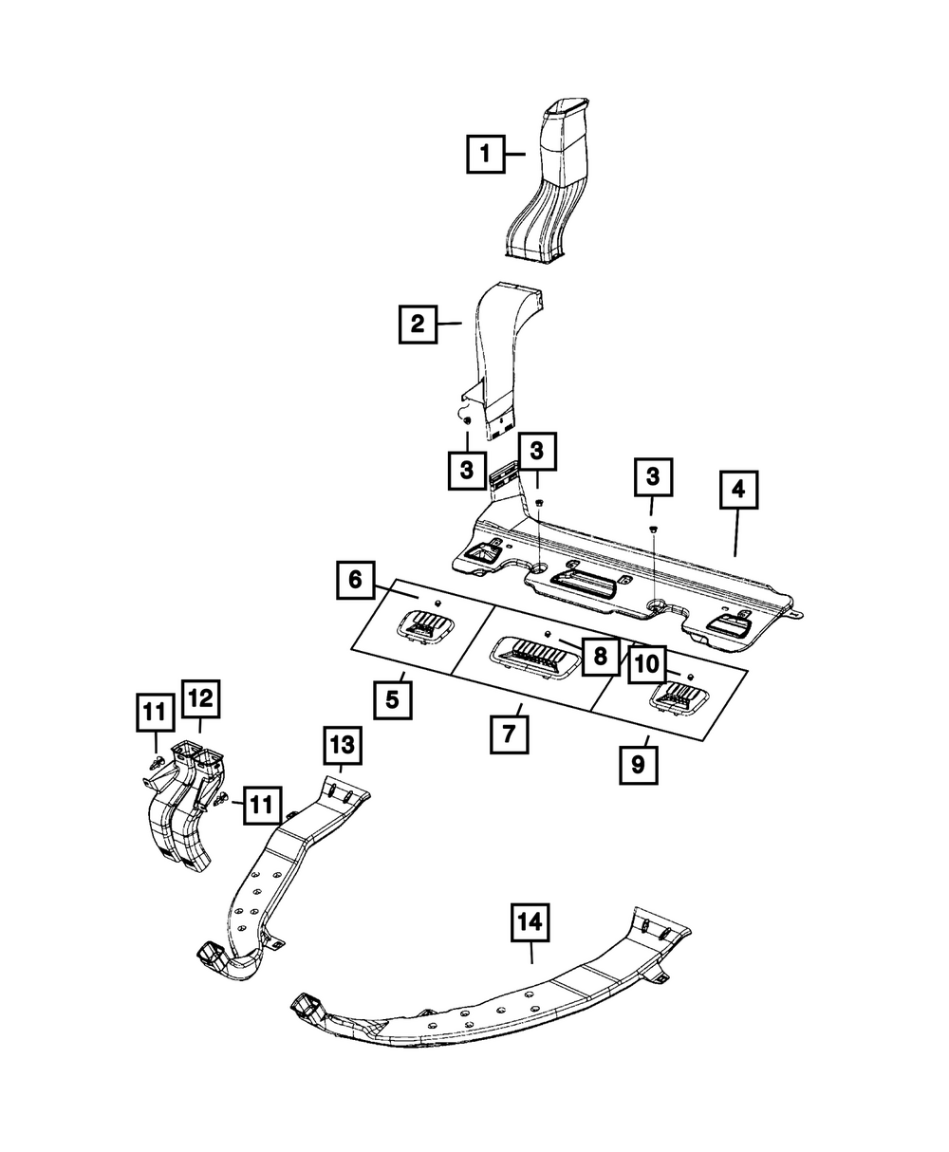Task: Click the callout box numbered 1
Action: pyautogui.click(x=486, y=154)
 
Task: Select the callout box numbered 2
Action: pyautogui.click(x=419, y=325)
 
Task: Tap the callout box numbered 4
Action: pyautogui.click(x=738, y=490)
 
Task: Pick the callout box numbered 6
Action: pyautogui.click(x=356, y=581)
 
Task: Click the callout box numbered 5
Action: pyautogui.click(x=393, y=700)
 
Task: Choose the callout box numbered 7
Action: pyautogui.click(x=510, y=734)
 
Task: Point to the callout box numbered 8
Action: pyautogui.click(x=600, y=657)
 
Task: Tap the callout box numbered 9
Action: pyautogui.click(x=639, y=765)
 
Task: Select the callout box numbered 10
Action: pyautogui.click(x=647, y=665)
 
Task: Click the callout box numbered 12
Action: pyautogui.click(x=201, y=699)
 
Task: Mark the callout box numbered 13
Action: pyautogui.click(x=343, y=745)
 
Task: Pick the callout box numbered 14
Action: pyautogui.click(x=530, y=922)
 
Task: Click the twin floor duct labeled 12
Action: pyautogui.click(x=185, y=808)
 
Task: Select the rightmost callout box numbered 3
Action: pyautogui.click(x=653, y=476)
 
